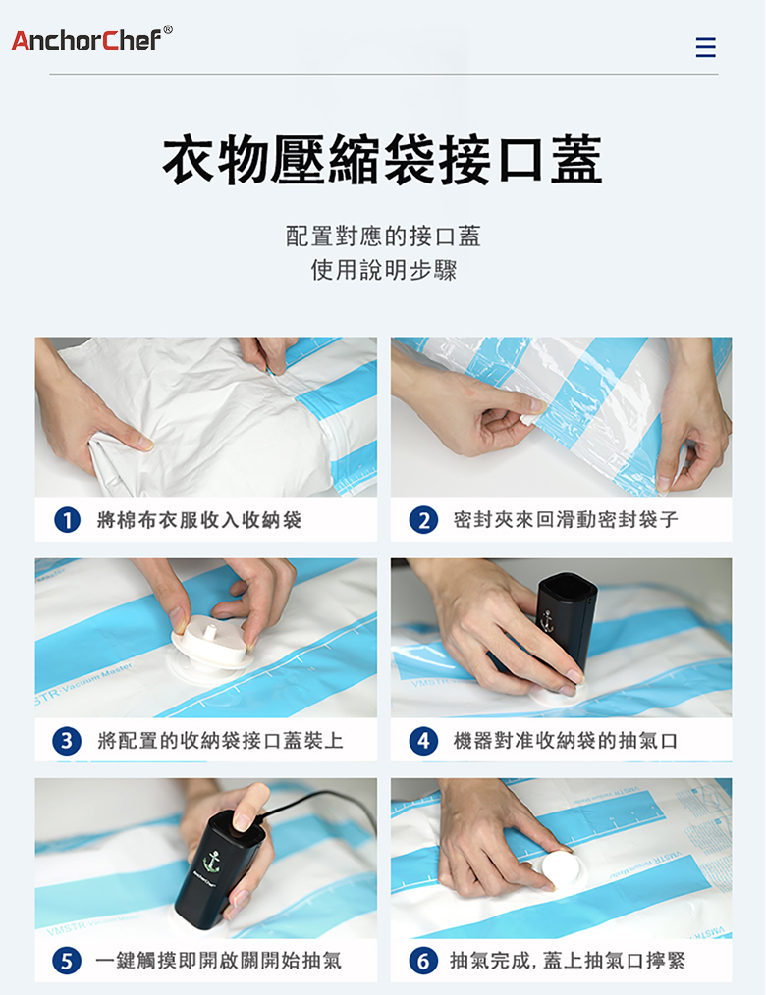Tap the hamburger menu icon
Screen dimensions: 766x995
pyautogui.click(x=706, y=48)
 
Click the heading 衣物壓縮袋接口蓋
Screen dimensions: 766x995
pyautogui.click(x=382, y=159)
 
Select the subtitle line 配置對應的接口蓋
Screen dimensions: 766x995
pyautogui.click(x=383, y=236)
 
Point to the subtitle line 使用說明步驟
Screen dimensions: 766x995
pyautogui.click(x=384, y=270)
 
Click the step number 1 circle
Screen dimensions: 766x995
pyautogui.click(x=68, y=520)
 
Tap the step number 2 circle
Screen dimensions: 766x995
pyautogui.click(x=423, y=520)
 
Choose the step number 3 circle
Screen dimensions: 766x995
pyautogui.click(x=67, y=741)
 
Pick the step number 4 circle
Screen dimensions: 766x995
pyautogui.click(x=423, y=741)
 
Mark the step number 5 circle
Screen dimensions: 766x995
pyautogui.click(x=67, y=961)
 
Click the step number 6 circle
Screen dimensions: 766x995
pyautogui.click(x=423, y=961)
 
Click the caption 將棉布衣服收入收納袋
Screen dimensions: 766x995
pyautogui.click(x=198, y=520)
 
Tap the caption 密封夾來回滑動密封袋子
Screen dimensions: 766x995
pyautogui.click(x=566, y=520)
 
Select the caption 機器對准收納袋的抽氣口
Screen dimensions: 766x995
pyautogui.click(x=566, y=741)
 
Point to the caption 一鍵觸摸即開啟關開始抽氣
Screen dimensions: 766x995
pyautogui.click(x=218, y=961)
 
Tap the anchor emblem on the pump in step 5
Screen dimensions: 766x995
pyautogui.click(x=211, y=862)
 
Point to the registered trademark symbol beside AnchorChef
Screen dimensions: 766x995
pyautogui.click(x=168, y=29)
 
